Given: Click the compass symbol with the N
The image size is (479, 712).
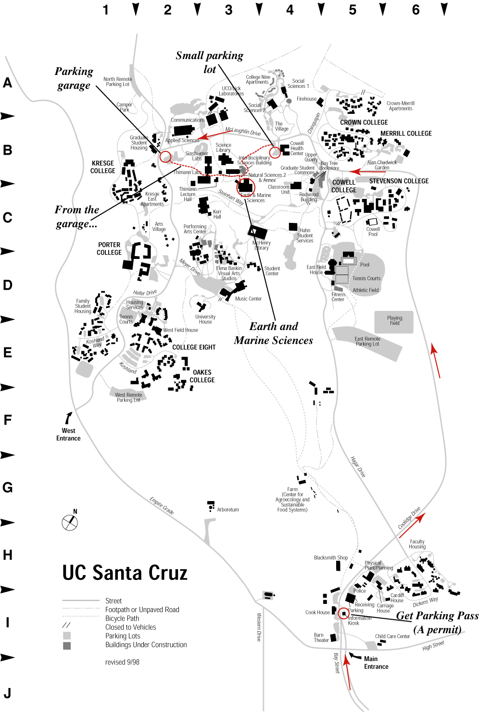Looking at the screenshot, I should pyautogui.click(x=70, y=522).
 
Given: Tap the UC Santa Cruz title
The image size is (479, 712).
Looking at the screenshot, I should pyautogui.click(x=125, y=573).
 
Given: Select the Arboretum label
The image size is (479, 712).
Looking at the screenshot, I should pyautogui.click(x=227, y=510).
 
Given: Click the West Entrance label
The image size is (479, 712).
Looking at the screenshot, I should pyautogui.click(x=68, y=434).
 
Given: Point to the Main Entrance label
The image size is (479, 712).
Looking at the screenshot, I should pyautogui.click(x=376, y=663).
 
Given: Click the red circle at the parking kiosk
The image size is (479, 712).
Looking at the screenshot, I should pyautogui.click(x=343, y=614).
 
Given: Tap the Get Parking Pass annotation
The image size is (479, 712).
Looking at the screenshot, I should pyautogui.click(x=437, y=622).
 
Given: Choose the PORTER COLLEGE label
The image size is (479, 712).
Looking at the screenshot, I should pyautogui.click(x=109, y=248).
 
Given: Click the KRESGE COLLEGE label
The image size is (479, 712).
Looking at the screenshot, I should pyautogui.click(x=103, y=167).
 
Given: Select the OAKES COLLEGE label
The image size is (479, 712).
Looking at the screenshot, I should pyautogui.click(x=202, y=376).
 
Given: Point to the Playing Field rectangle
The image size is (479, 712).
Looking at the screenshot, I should pyautogui.click(x=394, y=321).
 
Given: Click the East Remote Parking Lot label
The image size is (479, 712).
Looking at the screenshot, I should pyautogui.click(x=367, y=342).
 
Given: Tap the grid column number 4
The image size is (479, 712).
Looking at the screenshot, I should pyautogui.click(x=290, y=10).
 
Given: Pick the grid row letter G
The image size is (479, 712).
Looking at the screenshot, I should pyautogui.click(x=8, y=488).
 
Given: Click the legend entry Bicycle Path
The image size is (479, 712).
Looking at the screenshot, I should pyautogui.click(x=122, y=618).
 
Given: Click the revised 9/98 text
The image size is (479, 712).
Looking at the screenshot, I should pyautogui.click(x=122, y=662).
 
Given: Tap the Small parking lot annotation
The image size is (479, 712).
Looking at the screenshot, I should pyautogui.click(x=210, y=62).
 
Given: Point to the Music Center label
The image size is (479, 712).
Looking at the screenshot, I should pyautogui.click(x=248, y=299).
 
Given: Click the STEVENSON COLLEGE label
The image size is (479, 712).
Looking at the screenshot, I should pyautogui.click(x=399, y=181).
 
